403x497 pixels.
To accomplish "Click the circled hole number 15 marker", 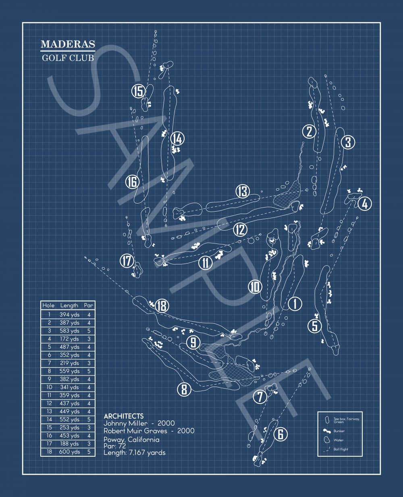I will pos(139,91).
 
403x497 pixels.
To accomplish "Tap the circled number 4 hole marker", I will pos(365,204).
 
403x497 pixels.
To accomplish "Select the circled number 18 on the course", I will pos(162,306).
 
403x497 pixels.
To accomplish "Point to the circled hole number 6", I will pos(280,434).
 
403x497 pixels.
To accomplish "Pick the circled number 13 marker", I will pos(243,191).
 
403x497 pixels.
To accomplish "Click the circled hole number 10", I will pos(255,287).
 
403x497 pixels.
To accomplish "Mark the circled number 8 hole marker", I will pos(184,389).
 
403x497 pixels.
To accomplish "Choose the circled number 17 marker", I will pos(127,261).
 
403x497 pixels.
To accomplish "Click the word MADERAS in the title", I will pos(68,44).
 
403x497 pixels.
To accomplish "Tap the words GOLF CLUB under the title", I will pos(68,58).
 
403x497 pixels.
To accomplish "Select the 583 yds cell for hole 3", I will pos(69,331).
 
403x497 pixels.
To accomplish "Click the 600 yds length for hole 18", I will pos(69,452).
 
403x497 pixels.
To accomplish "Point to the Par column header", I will pos(89,306).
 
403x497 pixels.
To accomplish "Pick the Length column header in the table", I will pos(69,306).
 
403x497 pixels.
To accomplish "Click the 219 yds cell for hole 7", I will pos(69,363).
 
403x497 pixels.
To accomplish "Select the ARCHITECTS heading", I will pos(124,416).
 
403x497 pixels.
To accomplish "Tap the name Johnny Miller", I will pos(125,423).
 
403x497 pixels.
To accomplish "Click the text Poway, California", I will pos(131,440).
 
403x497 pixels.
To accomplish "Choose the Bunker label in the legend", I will pos(339,431).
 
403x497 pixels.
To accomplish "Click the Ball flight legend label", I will pos(341,449).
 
